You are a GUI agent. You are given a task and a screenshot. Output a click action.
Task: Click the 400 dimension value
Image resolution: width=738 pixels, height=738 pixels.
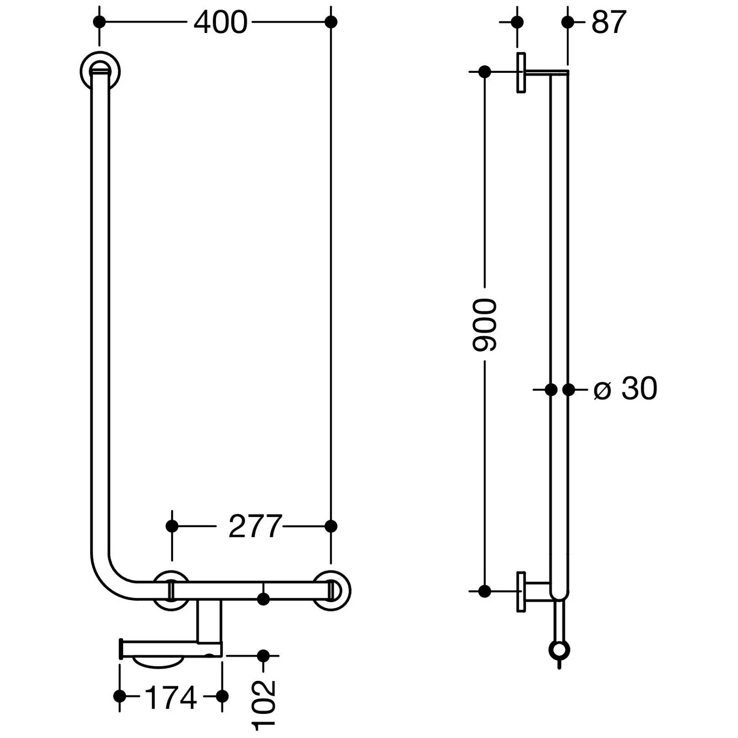coord(220,23)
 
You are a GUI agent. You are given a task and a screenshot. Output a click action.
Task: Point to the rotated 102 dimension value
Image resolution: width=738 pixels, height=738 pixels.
coord(264,704)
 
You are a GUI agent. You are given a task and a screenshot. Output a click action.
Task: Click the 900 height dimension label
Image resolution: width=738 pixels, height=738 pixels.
coord(485,325)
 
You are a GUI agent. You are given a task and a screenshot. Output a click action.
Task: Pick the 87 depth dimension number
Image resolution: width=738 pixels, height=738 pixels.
coord(609,23)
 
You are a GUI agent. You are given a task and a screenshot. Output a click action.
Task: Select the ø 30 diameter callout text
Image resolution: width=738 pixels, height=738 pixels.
coord(625,389)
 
